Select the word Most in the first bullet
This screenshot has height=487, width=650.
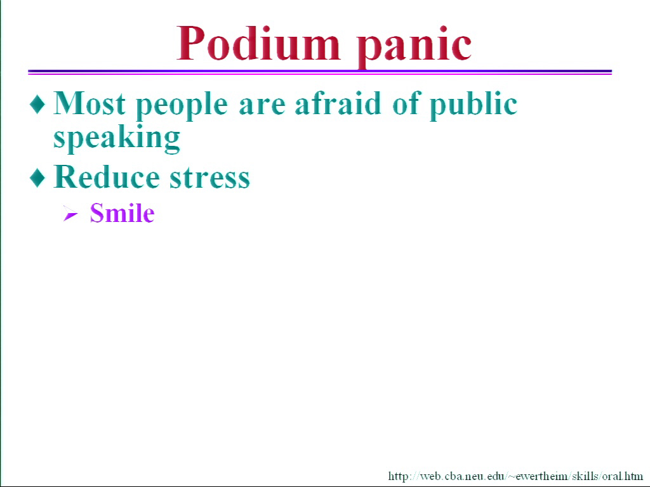point(90,103)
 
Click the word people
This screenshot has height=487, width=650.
point(182,105)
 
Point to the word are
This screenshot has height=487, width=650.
point(262,106)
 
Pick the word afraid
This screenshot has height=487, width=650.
point(338,103)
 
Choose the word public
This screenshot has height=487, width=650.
point(474,105)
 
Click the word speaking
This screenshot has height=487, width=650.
point(117,138)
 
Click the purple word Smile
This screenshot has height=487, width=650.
point(122,213)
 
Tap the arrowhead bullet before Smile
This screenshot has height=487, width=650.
point(70,214)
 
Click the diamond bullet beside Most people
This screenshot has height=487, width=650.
point(37,103)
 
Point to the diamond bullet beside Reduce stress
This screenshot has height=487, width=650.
point(37,178)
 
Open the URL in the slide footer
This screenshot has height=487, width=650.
point(515,476)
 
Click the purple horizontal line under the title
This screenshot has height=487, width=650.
point(320,72)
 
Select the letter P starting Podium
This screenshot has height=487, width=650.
point(192,43)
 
